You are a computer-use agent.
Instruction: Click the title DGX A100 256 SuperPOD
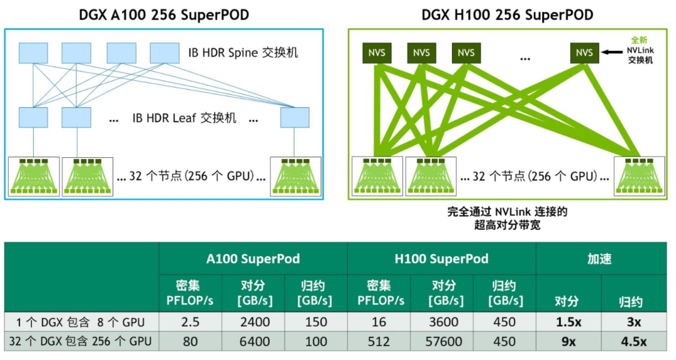pyautogui.click(x=164, y=14)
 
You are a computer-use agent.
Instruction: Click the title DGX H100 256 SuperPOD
pyautogui.click(x=508, y=14)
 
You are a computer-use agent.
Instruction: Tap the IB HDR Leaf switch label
pyautogui.click(x=185, y=118)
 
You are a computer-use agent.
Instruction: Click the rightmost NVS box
pyautogui.click(x=584, y=53)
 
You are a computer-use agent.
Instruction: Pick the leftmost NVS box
pyautogui.click(x=376, y=53)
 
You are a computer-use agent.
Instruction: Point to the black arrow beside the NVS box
pyautogui.click(x=611, y=53)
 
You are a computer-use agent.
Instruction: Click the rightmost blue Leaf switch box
pyautogui.click(x=294, y=118)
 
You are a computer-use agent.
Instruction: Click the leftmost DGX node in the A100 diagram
pyautogui.click(x=34, y=176)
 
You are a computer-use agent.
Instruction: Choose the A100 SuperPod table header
pyautogui.click(x=253, y=259)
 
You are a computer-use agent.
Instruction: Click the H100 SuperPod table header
pyautogui.click(x=442, y=259)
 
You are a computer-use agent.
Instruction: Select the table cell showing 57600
pyautogui.click(x=443, y=342)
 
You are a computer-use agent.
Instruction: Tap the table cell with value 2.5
pyautogui.click(x=190, y=322)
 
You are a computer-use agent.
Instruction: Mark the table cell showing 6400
pyautogui.click(x=255, y=342)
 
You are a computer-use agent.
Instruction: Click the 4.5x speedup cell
pyautogui.click(x=633, y=342)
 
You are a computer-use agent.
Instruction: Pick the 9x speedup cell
pyautogui.click(x=568, y=342)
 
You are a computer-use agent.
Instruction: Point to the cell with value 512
pyautogui.click(x=379, y=342)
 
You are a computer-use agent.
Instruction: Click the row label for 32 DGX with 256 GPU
pyautogui.click(x=81, y=342)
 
